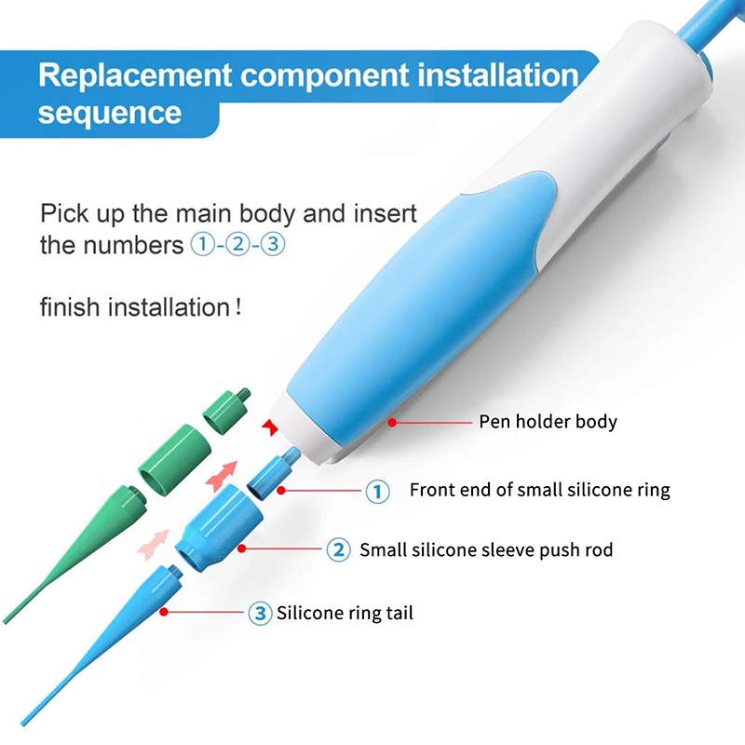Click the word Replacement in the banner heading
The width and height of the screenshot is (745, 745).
pyautogui.click(x=135, y=76)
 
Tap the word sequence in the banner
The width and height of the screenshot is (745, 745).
pyautogui.click(x=110, y=113)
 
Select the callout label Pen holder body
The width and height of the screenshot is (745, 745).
pyautogui.click(x=548, y=422)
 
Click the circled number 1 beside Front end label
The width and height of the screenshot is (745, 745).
pyautogui.click(x=378, y=491)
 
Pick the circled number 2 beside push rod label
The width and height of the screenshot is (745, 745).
pyautogui.click(x=339, y=549)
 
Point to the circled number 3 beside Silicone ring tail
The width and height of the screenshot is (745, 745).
pyautogui.click(x=261, y=613)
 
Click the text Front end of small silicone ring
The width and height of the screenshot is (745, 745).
pyautogui.click(x=540, y=490)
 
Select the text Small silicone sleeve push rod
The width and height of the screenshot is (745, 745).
pyautogui.click(x=486, y=549)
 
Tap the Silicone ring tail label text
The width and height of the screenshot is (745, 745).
pyautogui.click(x=345, y=613)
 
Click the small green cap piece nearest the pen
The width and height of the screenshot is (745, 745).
pyautogui.click(x=225, y=410)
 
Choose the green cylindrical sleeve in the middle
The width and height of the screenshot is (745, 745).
pyautogui.click(x=175, y=459)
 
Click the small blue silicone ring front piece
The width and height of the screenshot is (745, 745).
pyautogui.click(x=273, y=473)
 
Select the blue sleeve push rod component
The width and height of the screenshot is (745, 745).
pyautogui.click(x=220, y=527)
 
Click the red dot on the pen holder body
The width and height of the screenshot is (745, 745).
pyautogui.click(x=392, y=422)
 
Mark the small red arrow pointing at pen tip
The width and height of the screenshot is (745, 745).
pyautogui.click(x=270, y=427)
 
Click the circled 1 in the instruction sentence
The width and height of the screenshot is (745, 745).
pyautogui.click(x=202, y=244)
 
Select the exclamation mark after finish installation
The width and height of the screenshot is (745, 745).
pyautogui.click(x=238, y=307)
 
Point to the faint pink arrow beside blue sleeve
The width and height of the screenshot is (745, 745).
pyautogui.click(x=153, y=545)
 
